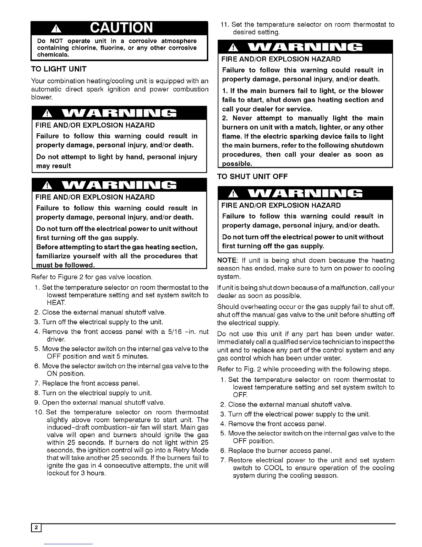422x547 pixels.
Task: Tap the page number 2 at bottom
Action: (x=36, y=527)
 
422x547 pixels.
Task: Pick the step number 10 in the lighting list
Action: (x=39, y=412)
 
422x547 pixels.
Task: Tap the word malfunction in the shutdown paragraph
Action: (x=336, y=288)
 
